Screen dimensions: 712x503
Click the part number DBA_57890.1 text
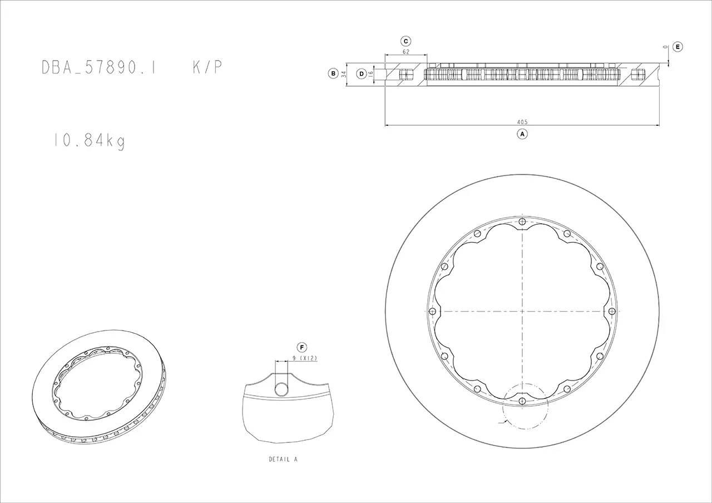(x=98, y=67)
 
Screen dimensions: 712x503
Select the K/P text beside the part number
(x=207, y=67)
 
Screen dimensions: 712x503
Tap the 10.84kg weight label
(x=90, y=141)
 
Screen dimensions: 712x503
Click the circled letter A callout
(x=522, y=134)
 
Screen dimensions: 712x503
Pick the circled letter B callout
(x=333, y=74)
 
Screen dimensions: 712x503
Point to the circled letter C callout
(x=406, y=41)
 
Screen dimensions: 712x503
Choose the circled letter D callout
(x=362, y=74)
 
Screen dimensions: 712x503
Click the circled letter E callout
(x=678, y=47)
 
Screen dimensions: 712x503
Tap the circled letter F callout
(x=302, y=347)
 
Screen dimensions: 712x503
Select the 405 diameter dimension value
(x=522, y=122)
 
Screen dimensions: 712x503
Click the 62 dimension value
(x=406, y=52)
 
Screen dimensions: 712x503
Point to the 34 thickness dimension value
(x=343, y=74)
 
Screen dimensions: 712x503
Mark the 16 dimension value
(x=370, y=75)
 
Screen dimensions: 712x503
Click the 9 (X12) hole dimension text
(x=305, y=358)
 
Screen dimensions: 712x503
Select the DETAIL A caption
(x=283, y=459)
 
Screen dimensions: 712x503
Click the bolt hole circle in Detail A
(x=281, y=389)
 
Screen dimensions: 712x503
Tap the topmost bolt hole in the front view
(x=522, y=222)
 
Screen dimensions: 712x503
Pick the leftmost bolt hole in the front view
(x=432, y=311)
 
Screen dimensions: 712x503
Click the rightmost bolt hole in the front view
(x=612, y=311)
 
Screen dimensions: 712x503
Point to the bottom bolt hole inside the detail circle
(x=522, y=401)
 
